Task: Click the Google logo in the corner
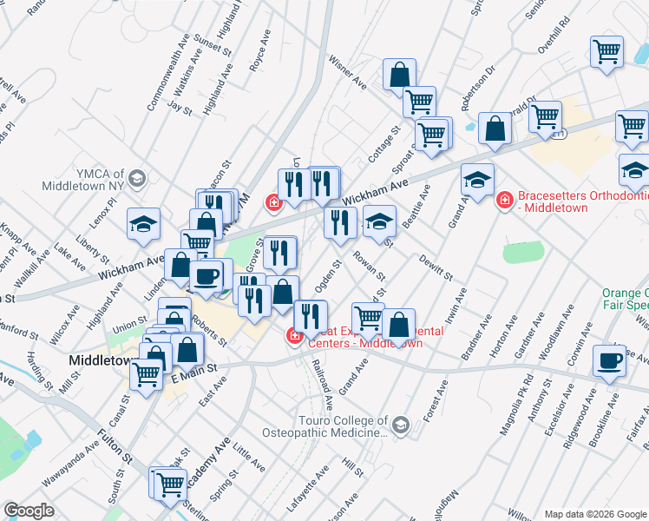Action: point(29,510)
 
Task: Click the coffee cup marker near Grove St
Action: point(206,276)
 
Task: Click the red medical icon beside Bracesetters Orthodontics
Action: point(504,201)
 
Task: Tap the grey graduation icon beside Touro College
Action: point(400,425)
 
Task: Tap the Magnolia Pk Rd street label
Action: point(526,399)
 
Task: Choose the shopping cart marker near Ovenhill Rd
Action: point(606,51)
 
